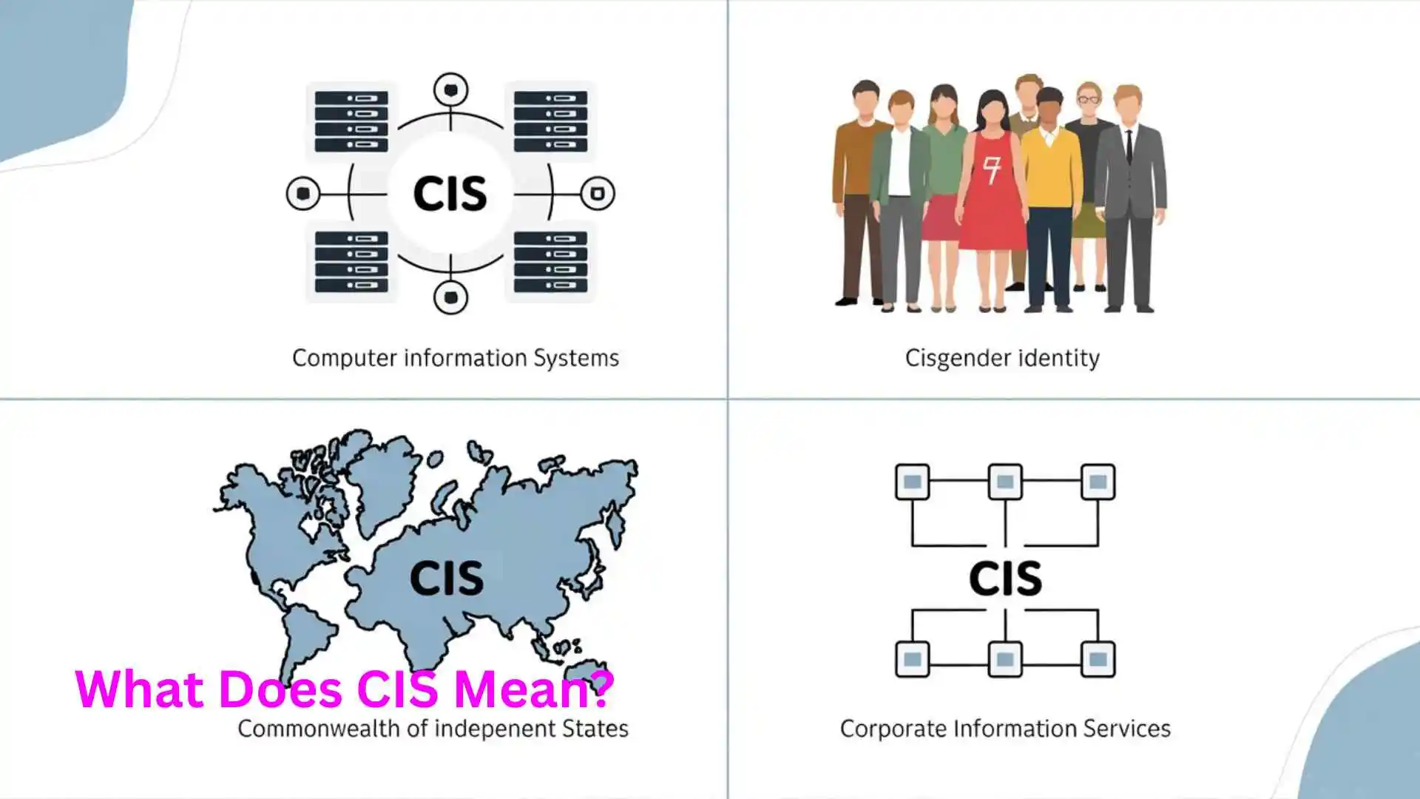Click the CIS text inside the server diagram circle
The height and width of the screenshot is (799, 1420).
pyautogui.click(x=450, y=194)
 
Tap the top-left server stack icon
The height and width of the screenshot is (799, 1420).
pyautogui.click(x=351, y=121)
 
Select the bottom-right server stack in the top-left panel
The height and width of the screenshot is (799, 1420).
pyautogui.click(x=550, y=262)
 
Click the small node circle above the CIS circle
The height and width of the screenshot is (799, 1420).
pyautogui.click(x=450, y=90)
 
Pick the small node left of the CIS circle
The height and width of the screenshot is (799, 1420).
pyautogui.click(x=303, y=194)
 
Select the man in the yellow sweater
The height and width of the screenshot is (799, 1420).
pyautogui.click(x=1051, y=192)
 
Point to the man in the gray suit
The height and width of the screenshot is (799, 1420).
pyautogui.click(x=1129, y=192)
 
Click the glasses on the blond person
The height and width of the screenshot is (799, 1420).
pyautogui.click(x=1088, y=99)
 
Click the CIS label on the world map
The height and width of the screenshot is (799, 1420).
pyautogui.click(x=447, y=578)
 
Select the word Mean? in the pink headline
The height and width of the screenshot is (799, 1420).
pyautogui.click(x=533, y=689)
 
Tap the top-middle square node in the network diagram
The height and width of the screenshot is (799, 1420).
pyautogui.click(x=1005, y=482)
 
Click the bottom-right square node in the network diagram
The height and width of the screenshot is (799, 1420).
pyautogui.click(x=1098, y=659)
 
